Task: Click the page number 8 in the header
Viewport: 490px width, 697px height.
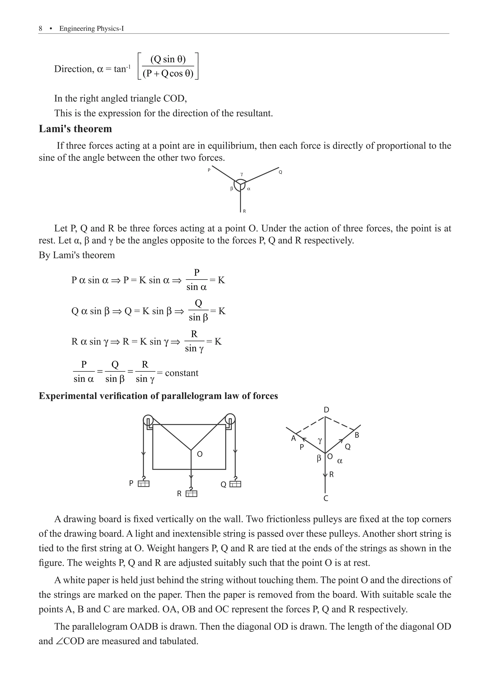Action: tap(40, 29)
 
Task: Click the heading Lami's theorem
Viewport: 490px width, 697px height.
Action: tap(75, 129)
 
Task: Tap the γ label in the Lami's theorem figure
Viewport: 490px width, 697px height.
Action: tap(242, 174)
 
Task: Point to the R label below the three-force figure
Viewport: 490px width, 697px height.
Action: tap(244, 211)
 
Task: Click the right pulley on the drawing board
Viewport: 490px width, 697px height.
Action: tap(230, 419)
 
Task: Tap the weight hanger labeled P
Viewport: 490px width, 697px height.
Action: tap(143, 484)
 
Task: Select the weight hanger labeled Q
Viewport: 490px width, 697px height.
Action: tap(235, 484)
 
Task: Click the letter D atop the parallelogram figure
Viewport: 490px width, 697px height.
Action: tap(326, 410)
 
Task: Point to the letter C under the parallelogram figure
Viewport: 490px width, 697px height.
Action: tap(326, 498)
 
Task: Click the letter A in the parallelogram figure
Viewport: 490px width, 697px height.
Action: tap(293, 438)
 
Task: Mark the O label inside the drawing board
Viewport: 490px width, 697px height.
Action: tap(200, 454)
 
